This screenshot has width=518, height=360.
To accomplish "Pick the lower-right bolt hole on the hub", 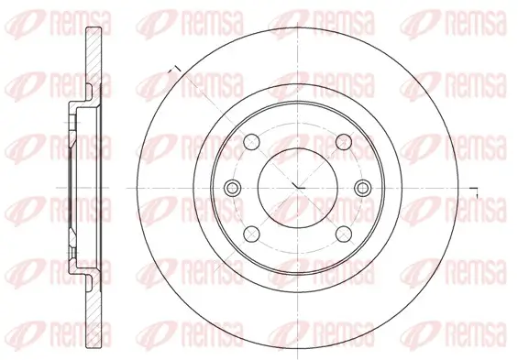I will tap(343, 233).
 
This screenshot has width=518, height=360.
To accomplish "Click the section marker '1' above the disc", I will tap(172, 67).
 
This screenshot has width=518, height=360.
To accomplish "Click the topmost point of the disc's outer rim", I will tap(298, 28).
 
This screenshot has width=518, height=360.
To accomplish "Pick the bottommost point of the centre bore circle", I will tap(298, 227).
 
